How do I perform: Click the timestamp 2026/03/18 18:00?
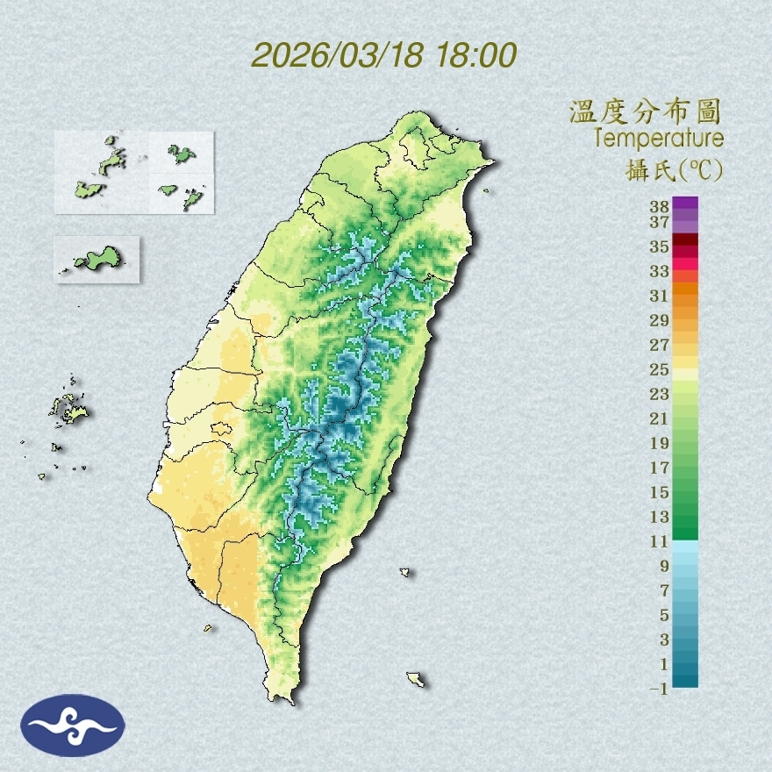(384, 55)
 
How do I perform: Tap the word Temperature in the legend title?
(658, 138)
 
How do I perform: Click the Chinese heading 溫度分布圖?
(645, 112)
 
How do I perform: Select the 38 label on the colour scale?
(660, 207)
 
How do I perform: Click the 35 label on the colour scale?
(660, 247)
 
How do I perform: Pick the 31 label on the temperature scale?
(660, 296)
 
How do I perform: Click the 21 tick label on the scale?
(660, 418)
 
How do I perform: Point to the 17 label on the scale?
(660, 468)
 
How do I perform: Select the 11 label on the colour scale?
(660, 541)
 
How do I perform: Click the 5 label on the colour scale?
(664, 615)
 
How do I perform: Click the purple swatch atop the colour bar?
(686, 204)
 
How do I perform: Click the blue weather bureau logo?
(75, 725)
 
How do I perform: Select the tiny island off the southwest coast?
(209, 627)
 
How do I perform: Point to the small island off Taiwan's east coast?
(405, 572)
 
